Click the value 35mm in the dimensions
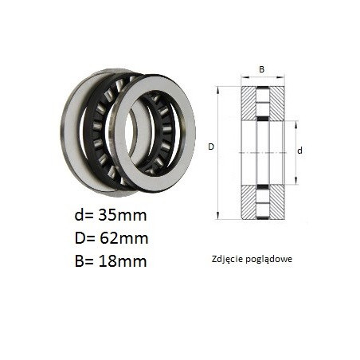(x=123, y=215)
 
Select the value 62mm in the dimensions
(x=123, y=238)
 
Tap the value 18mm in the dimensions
(x=123, y=261)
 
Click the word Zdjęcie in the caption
(x=227, y=259)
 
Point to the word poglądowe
(x=268, y=260)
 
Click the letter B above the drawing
(x=262, y=69)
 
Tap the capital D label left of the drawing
(x=211, y=147)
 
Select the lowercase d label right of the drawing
(x=299, y=151)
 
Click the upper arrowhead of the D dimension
(x=218, y=90)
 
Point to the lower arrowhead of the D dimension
(x=218, y=216)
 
